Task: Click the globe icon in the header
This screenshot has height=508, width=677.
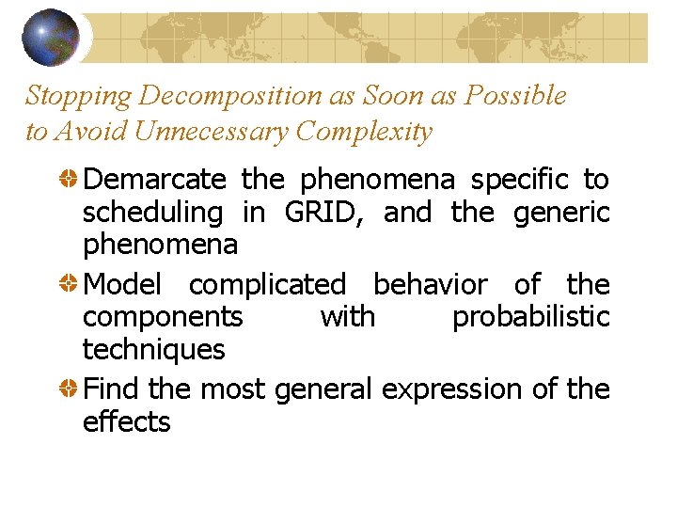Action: [51, 37]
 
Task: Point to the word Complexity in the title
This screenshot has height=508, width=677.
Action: [363, 132]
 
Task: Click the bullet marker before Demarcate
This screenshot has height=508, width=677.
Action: [69, 179]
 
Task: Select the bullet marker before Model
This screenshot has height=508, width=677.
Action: [69, 284]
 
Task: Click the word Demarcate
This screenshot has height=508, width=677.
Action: [154, 179]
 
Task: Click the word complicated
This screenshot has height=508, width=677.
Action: [267, 285]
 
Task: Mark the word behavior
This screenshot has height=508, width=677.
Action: [430, 284]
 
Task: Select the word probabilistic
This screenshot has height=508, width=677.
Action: [530, 318]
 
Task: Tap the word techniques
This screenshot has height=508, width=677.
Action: [153, 351]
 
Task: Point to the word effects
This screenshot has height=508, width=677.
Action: [126, 422]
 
